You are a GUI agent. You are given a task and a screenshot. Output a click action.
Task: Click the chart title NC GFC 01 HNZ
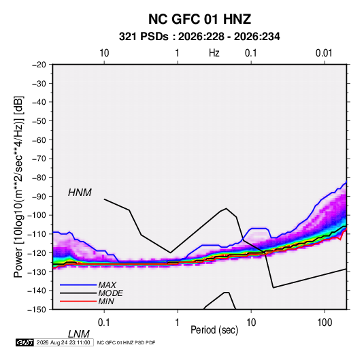[199, 19]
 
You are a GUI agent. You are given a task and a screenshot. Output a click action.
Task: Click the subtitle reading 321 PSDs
[144, 37]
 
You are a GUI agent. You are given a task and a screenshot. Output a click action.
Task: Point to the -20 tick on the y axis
[39, 65]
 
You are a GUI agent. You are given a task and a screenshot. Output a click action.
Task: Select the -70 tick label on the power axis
[39, 159]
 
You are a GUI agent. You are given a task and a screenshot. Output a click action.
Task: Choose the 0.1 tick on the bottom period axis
[104, 323]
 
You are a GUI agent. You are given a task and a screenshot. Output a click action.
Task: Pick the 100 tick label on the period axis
[325, 323]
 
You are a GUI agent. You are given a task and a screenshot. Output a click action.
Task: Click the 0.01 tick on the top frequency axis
[324, 53]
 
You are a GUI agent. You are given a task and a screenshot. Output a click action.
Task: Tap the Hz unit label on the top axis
[214, 53]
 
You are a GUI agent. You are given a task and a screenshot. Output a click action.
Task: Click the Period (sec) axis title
[214, 330]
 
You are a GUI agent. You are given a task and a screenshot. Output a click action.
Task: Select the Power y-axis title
[18, 187]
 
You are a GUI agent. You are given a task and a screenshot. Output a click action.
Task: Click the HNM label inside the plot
[80, 193]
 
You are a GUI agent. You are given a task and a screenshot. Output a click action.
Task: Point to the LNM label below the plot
[79, 334]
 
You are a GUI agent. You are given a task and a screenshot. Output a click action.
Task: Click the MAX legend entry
[107, 285]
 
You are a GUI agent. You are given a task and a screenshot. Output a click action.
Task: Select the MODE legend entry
[110, 293]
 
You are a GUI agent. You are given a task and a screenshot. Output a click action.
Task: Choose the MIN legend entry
[106, 301]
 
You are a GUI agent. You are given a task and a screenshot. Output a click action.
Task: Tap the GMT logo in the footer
[24, 342]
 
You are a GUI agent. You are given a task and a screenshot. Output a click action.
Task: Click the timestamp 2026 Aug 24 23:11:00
[63, 342]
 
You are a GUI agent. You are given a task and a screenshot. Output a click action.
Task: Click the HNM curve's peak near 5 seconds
[226, 208]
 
